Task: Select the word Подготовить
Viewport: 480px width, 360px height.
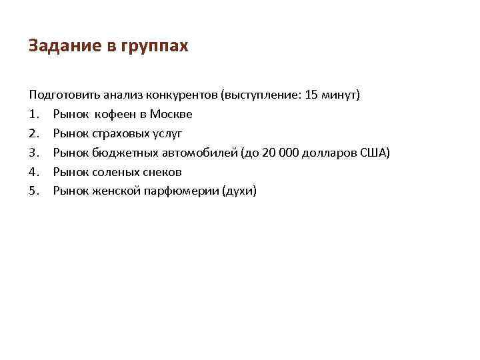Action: coord(61,95)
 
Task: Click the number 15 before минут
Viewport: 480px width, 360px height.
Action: coord(311,95)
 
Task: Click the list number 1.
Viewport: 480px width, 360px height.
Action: coord(33,114)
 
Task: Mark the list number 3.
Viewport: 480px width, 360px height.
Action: coord(33,153)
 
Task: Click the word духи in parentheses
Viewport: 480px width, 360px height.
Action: coord(241,191)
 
